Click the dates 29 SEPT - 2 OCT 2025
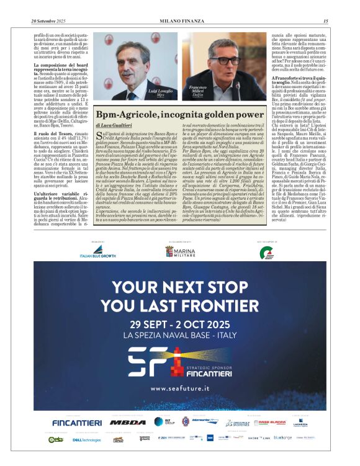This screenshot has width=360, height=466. (179, 323)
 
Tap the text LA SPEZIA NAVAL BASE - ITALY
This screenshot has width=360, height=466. (179, 334)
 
